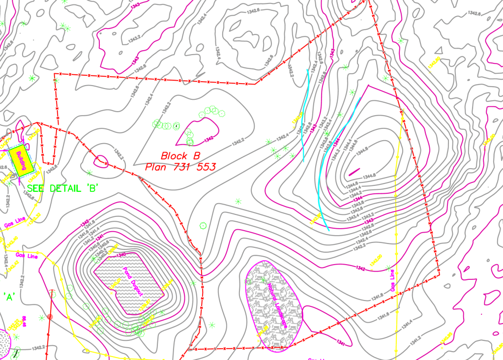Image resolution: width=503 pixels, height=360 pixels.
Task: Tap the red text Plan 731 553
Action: (x=180, y=167)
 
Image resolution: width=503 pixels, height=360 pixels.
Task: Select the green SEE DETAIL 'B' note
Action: (x=64, y=188)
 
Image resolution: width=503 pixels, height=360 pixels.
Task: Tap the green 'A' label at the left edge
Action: (x=8, y=296)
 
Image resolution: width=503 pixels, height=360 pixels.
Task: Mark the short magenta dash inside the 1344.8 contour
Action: (x=354, y=172)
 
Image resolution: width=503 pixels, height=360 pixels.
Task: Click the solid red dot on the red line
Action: (x=50, y=316)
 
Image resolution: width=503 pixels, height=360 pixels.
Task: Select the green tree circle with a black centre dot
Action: (x=176, y=126)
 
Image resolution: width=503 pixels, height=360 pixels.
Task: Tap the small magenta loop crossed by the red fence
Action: (x=101, y=160)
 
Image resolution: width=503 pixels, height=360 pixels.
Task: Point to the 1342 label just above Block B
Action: (x=208, y=139)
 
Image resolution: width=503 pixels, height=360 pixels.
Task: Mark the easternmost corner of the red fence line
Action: (x=439, y=273)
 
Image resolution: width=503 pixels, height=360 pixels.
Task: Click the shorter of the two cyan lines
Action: (x=306, y=116)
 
